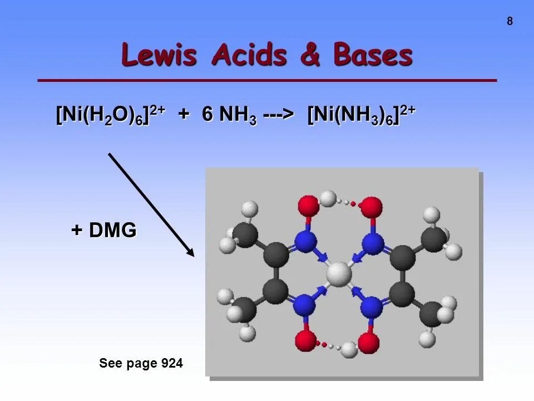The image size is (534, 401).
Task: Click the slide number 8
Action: pos(510,22)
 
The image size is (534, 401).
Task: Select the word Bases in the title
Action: pos(373,56)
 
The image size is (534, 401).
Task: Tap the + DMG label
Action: pos(104,230)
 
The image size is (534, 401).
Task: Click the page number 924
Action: pos(172,364)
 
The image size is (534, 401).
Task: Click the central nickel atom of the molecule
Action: pos(339,274)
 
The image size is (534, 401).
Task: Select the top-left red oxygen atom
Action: pos(308,206)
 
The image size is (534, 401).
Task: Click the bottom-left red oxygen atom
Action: pos(305,341)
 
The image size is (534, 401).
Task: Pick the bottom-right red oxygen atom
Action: pos(369,343)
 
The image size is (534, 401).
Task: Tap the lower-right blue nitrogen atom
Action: pos(371,307)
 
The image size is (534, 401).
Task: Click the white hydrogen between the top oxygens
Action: pos(329,198)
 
